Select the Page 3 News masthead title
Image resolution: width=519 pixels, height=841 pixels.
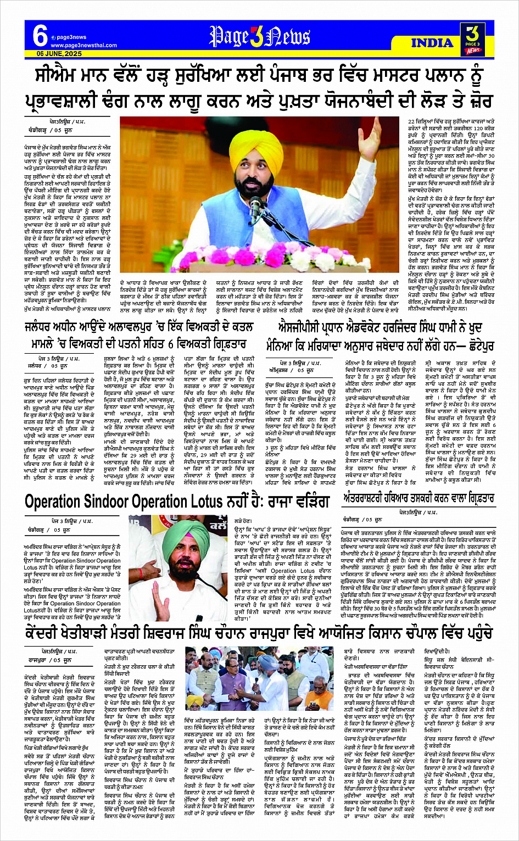click(259, 37)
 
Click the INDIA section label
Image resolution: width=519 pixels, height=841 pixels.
click(432, 43)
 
